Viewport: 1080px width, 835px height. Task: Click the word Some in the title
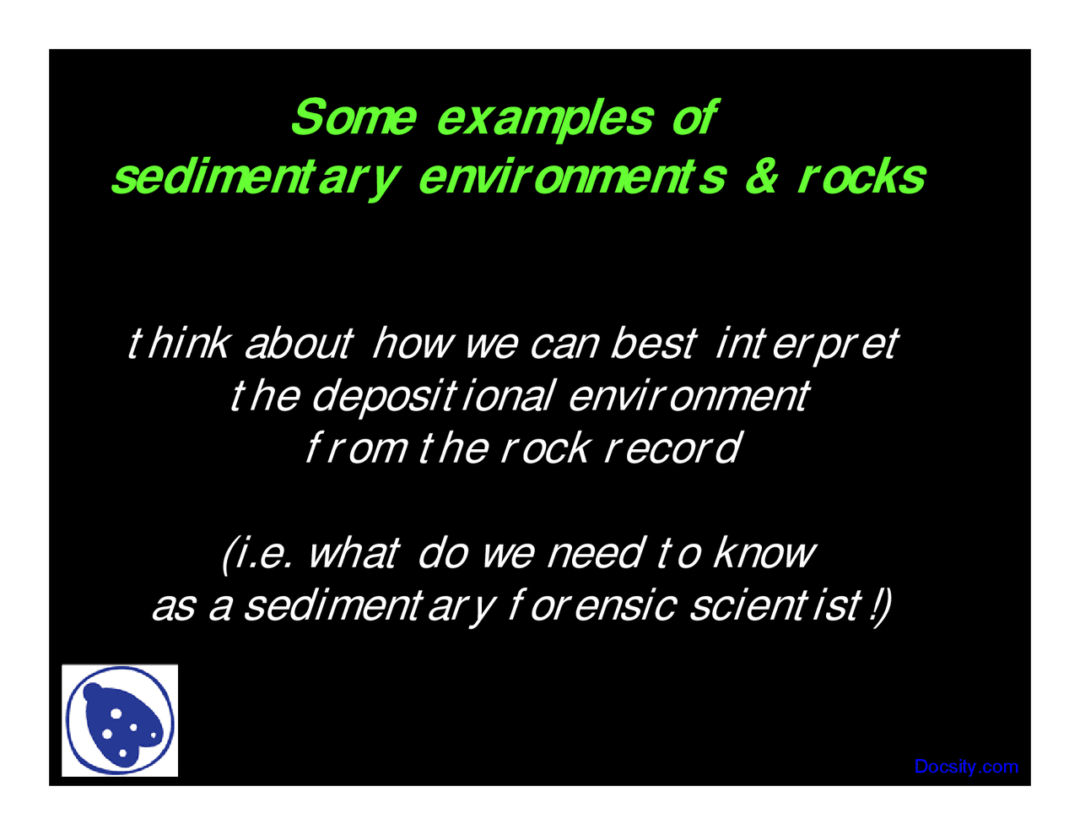(353, 117)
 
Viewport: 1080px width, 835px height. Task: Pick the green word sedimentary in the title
(252, 178)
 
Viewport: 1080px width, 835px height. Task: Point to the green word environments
(571, 176)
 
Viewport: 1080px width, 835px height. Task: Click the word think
(178, 343)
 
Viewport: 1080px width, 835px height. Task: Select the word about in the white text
(298, 343)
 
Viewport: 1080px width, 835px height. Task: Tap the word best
(654, 343)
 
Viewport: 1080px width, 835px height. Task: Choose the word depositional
(434, 396)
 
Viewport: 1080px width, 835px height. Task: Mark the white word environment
(688, 395)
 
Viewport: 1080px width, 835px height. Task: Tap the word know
(764, 553)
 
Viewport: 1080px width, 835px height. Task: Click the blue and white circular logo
(120, 720)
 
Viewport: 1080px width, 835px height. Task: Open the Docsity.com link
(966, 767)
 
